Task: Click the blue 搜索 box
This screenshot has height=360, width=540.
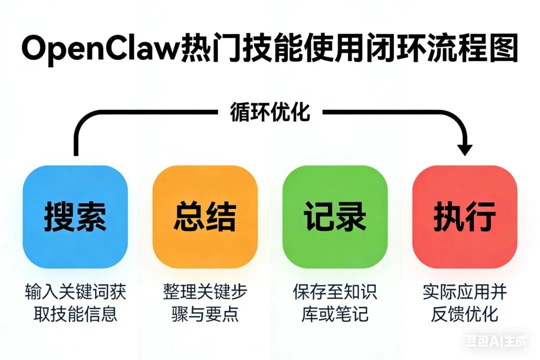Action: [x=75, y=217]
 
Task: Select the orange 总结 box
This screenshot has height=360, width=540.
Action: [x=205, y=217]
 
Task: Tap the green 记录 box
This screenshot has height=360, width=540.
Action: [x=335, y=217]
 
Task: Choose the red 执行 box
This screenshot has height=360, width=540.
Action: [x=465, y=217]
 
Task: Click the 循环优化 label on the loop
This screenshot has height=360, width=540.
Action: [x=270, y=113]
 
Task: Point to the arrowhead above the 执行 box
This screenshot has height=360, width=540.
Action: [x=465, y=148]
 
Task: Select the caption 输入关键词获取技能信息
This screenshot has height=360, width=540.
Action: [x=75, y=302]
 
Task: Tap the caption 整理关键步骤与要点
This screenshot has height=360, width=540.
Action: [x=205, y=302]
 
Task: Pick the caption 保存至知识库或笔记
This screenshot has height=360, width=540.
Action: [x=335, y=302]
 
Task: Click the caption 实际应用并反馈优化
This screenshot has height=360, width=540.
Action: [x=465, y=302]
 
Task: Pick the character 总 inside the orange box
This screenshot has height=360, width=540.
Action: [x=189, y=217]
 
